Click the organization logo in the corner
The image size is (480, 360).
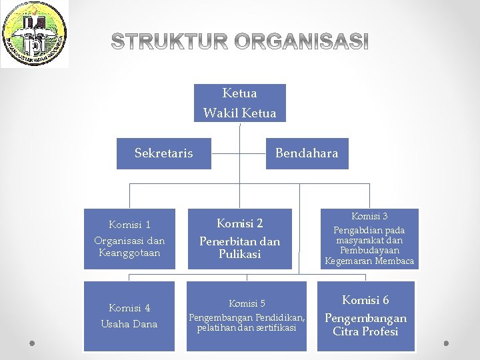point(34,34)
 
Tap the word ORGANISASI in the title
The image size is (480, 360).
point(304,42)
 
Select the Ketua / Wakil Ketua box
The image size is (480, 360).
point(240,103)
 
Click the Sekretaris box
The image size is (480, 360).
point(164,153)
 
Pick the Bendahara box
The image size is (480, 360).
point(307,153)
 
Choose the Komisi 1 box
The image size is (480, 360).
point(129,239)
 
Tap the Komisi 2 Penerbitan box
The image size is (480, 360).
point(240,239)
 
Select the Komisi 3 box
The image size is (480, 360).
point(369,239)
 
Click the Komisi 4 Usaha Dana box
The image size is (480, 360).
point(129,316)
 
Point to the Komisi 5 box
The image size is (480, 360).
point(247,316)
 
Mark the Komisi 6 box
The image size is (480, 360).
point(365,316)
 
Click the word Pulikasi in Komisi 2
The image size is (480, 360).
point(240,254)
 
